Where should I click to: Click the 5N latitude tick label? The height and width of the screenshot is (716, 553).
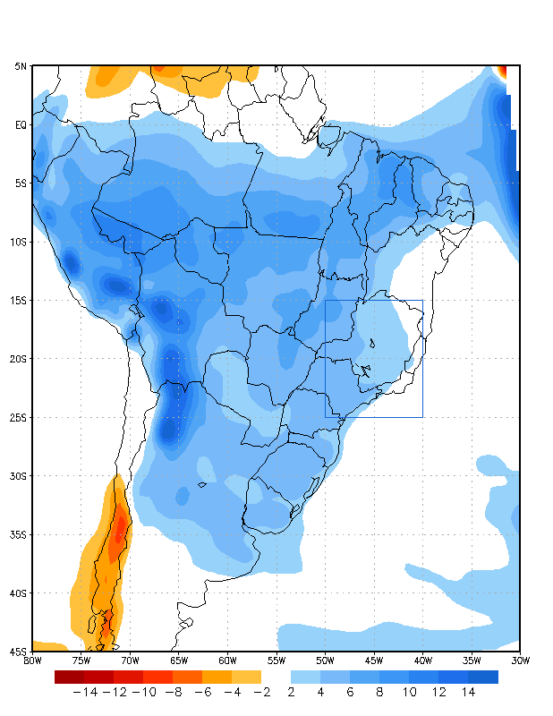point(21,66)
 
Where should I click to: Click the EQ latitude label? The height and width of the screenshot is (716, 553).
point(21,125)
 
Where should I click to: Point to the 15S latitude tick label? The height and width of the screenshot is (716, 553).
point(19,301)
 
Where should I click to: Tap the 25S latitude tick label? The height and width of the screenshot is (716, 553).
point(19,418)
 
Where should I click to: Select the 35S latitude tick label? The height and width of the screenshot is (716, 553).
point(19,535)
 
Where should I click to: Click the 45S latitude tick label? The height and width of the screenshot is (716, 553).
point(19,652)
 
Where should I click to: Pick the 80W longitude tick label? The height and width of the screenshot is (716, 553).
point(32,661)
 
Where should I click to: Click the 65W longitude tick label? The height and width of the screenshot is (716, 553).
point(179,661)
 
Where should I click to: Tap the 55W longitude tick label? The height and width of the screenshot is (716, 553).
point(276,661)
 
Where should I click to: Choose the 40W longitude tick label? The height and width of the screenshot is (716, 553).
point(422,661)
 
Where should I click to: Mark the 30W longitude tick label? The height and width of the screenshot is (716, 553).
point(520,661)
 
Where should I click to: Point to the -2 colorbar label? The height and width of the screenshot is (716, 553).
point(260,692)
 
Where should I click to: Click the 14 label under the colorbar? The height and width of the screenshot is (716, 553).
point(468,692)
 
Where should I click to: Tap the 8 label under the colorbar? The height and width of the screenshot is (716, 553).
point(379,692)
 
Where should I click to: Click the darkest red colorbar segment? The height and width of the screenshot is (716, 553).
point(69,678)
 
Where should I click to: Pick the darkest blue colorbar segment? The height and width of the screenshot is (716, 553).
point(483,678)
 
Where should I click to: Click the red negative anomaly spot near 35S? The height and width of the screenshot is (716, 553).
point(119,533)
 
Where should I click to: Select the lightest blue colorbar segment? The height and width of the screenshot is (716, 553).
point(306,678)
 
